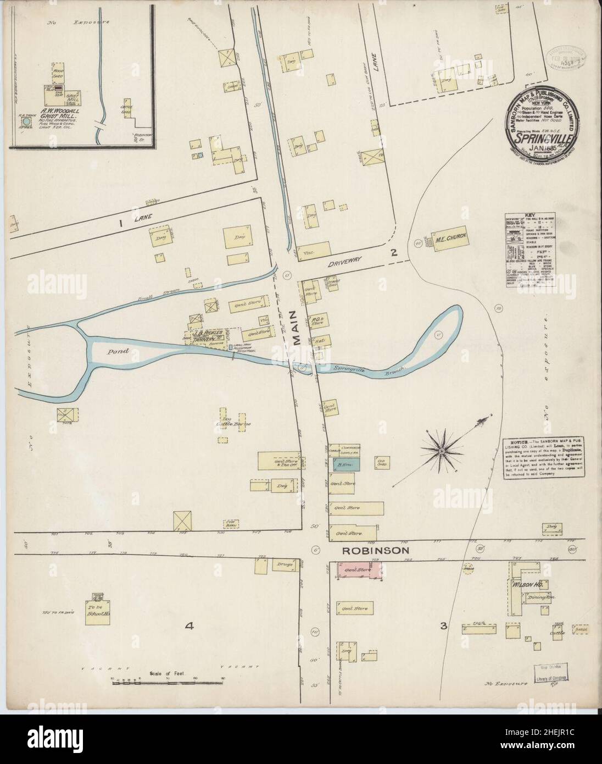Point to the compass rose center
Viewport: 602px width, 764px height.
[441, 450]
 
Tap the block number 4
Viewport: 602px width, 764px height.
[189, 625]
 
